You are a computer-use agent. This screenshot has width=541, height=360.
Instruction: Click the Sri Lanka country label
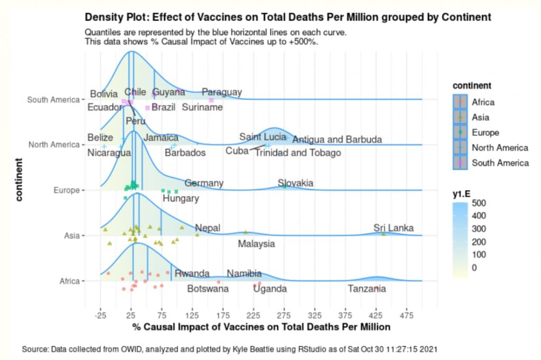[393, 228]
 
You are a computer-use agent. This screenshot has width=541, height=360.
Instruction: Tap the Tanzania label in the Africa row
[367, 289]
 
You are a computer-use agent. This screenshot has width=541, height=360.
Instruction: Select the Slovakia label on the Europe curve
[295, 183]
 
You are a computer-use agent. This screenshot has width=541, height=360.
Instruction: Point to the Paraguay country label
[222, 92]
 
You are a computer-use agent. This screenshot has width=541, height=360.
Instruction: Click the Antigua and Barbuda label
[337, 140]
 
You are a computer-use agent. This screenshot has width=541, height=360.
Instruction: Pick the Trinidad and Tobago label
[297, 153]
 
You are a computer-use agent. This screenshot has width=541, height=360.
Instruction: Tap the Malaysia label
[256, 244]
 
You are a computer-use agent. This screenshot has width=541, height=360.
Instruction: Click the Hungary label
[181, 198]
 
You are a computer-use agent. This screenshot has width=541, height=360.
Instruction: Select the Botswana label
[208, 289]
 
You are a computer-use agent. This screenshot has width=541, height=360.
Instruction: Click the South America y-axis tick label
[53, 99]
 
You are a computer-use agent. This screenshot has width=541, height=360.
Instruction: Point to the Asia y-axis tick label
[71, 235]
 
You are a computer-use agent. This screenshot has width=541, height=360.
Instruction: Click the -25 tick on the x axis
[100, 315]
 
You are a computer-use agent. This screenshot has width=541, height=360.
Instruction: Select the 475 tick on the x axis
[406, 315]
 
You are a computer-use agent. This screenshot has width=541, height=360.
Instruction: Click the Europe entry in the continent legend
[485, 132]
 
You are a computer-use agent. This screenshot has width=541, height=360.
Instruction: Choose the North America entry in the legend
[499, 148]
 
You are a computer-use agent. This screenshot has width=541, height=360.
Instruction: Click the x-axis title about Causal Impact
[261, 327]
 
